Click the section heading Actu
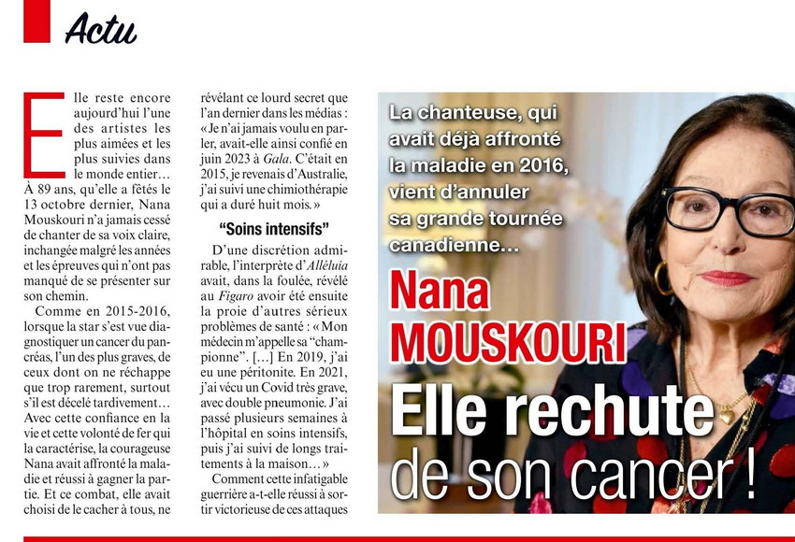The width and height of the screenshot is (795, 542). tap(101, 29)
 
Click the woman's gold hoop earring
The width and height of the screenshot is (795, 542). tap(661, 278)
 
